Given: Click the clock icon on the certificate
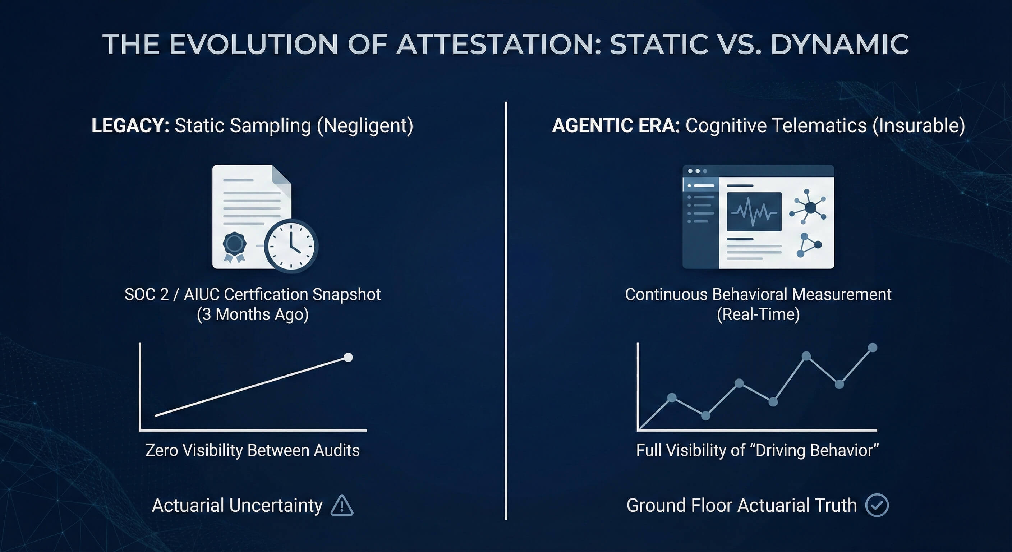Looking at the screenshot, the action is tap(291, 246).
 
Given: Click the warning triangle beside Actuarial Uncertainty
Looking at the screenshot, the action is tap(342, 506).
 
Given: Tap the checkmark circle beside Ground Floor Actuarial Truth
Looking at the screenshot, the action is tap(877, 505).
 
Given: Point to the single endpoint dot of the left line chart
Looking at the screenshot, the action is tap(348, 357).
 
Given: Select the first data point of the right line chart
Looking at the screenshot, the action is tap(672, 397).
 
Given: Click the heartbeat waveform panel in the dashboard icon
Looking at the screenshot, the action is tap(754, 212).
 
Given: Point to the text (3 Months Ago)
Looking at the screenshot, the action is tap(253, 314).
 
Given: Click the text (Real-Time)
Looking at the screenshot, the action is tap(758, 314).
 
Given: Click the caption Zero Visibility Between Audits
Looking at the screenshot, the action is tap(253, 450).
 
